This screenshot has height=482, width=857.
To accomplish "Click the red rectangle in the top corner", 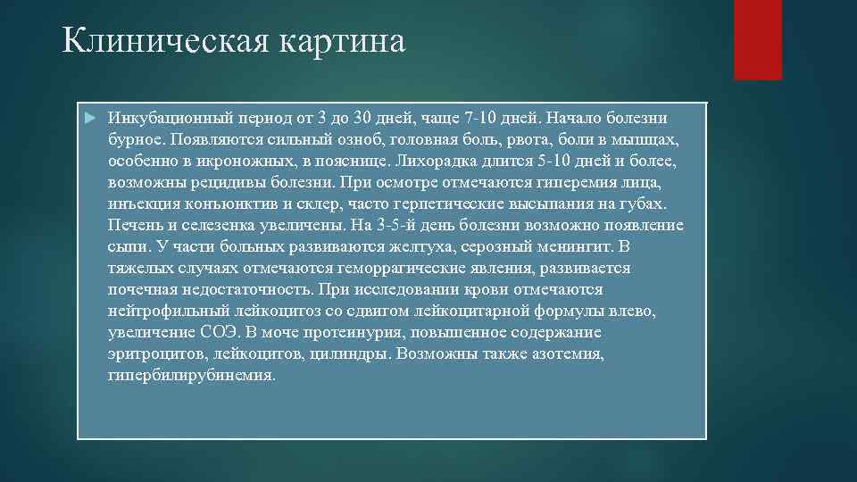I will click(757, 40).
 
